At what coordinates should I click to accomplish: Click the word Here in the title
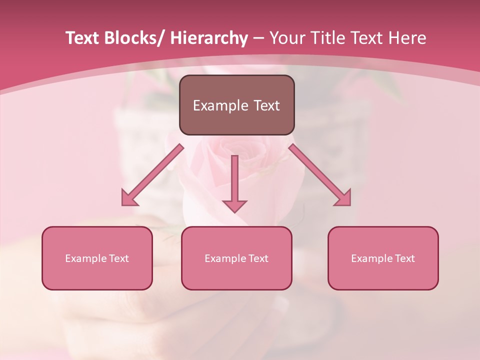coord(407,38)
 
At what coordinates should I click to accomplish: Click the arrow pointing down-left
coord(152,175)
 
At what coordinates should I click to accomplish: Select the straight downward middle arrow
coord(234,180)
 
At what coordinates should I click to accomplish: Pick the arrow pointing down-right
coord(320,175)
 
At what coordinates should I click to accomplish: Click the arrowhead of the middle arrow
coord(234,206)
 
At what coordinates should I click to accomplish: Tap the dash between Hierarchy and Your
coord(258,38)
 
